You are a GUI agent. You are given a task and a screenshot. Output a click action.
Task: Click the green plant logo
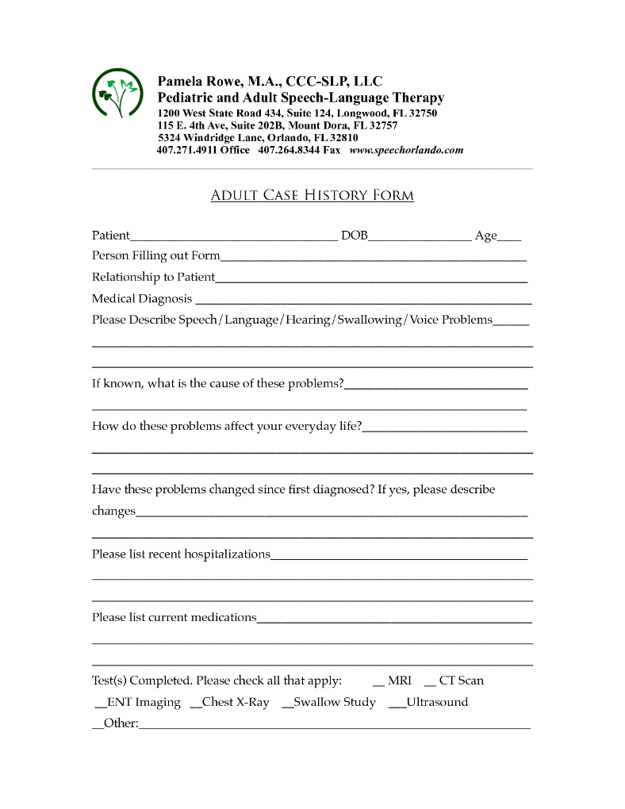pyautogui.click(x=117, y=95)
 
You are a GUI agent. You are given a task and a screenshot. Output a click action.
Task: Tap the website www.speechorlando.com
pyautogui.click(x=406, y=150)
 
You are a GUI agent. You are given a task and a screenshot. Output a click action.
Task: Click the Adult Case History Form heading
pyautogui.click(x=312, y=195)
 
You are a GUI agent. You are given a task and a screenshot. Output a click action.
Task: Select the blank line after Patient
pyautogui.click(x=233, y=236)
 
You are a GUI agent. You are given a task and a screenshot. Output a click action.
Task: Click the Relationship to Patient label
pyautogui.click(x=153, y=277)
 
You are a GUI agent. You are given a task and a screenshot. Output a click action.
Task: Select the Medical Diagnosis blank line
pyautogui.click(x=362, y=301)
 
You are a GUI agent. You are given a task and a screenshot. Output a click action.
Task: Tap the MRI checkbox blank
pyautogui.click(x=378, y=682)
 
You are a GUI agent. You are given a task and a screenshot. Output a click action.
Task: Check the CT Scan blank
pyautogui.click(x=430, y=682)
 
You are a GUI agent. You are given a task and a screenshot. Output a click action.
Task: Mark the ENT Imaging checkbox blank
pyautogui.click(x=100, y=704)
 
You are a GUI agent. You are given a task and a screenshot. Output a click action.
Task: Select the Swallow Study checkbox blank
pyautogui.click(x=287, y=704)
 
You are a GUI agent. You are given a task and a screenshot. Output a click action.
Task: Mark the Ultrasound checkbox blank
pyautogui.click(x=397, y=704)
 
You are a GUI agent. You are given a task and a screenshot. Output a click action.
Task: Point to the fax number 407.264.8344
pyautogui.click(x=289, y=150)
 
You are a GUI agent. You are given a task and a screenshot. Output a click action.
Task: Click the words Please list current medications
pyautogui.click(x=174, y=617)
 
